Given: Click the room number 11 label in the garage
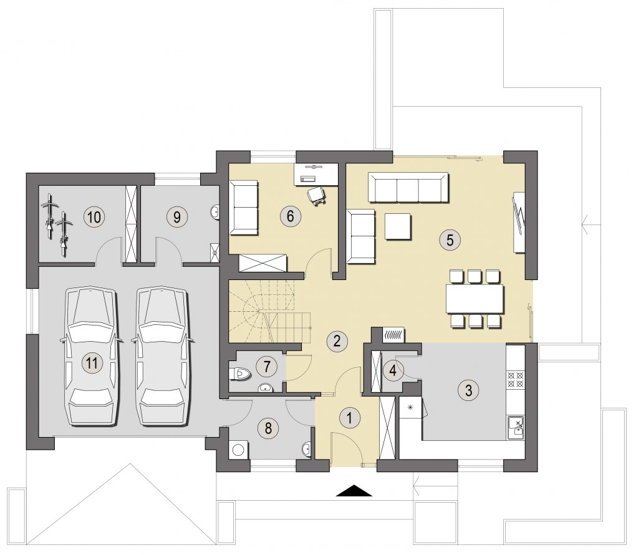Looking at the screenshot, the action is click(92, 362).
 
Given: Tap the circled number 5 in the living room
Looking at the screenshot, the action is click(450, 239).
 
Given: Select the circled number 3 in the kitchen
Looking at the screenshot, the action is click(468, 390).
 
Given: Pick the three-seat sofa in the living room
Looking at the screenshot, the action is click(408, 187).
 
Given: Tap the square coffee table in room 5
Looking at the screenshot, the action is click(398, 227).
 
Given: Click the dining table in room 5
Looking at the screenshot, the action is click(475, 299).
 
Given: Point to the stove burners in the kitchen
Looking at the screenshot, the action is click(516, 379).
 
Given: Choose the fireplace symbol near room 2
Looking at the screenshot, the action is click(393, 335).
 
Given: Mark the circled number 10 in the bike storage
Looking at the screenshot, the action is click(94, 217).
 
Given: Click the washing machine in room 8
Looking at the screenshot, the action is click(238, 450).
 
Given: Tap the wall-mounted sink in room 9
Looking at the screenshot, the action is click(215, 212).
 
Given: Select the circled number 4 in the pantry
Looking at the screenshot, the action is click(393, 370).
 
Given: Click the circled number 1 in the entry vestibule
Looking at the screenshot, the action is click(349, 418).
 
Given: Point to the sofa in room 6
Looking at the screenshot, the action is click(243, 208).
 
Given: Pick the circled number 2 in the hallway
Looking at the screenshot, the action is click(337, 340).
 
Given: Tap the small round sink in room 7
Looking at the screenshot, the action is click(266, 388).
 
